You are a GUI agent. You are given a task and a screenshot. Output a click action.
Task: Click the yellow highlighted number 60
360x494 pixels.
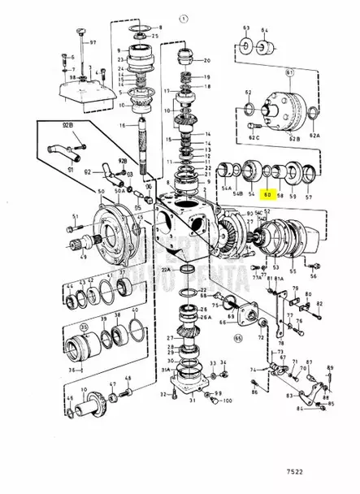(267, 196)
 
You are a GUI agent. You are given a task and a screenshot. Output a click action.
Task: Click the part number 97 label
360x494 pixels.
(92, 41)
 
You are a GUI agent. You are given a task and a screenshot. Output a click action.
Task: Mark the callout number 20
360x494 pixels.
(206, 60)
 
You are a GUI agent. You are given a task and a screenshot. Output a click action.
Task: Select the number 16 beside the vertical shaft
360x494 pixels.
(122, 126)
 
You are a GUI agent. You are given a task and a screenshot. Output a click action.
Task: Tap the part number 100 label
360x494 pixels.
(226, 401)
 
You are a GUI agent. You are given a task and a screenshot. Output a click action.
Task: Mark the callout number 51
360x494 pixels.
(75, 217)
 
